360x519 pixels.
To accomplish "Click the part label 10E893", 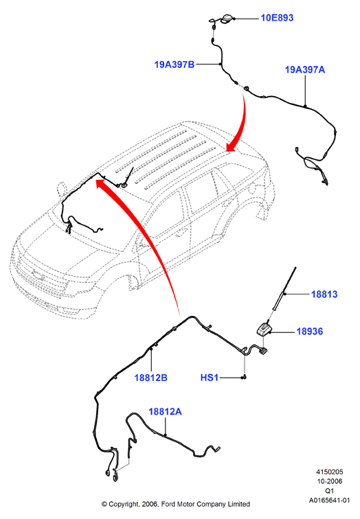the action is (277, 18).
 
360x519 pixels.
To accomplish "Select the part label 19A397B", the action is (175, 65).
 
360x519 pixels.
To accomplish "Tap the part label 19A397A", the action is (305, 70).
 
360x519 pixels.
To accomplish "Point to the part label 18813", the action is (324, 294).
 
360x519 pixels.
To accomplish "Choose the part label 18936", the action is (310, 332).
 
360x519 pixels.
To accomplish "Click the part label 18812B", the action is (150, 378).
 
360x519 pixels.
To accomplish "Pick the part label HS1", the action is (210, 378).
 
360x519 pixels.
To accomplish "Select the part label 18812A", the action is (165, 412).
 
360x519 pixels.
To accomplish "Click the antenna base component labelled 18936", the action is (264, 330).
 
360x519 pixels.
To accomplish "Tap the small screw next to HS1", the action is (244, 377).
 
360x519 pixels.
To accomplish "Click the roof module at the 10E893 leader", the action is (226, 19).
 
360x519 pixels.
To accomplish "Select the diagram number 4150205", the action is (330, 472).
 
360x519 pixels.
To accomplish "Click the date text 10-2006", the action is (330, 481).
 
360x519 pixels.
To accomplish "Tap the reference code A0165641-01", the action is (330, 500).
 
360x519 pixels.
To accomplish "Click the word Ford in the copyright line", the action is (169, 504).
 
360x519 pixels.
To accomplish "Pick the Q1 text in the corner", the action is (330, 491).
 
